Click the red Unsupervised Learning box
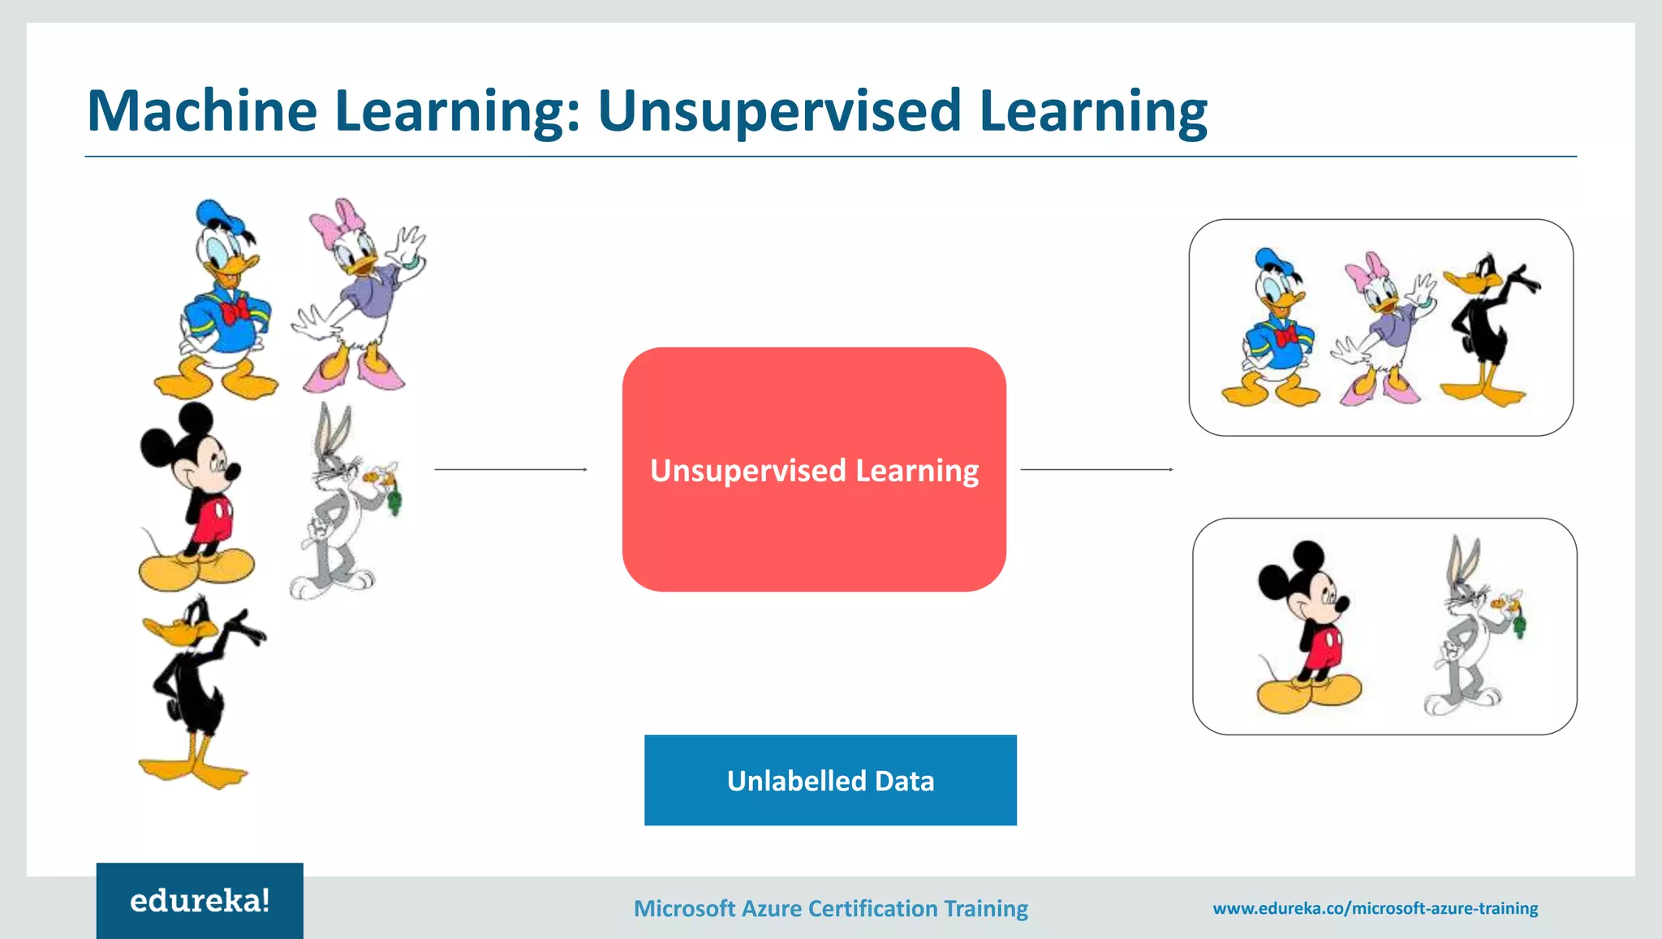pyautogui.click(x=814, y=469)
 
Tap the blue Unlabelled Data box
pyautogui.click(x=830, y=780)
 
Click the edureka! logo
pyautogui.click(x=200, y=900)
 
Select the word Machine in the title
pyautogui.click(x=202, y=111)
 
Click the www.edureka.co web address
pyautogui.click(x=1375, y=908)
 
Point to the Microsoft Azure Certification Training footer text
pyautogui.click(x=830, y=908)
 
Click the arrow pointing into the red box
pyautogui.click(x=510, y=469)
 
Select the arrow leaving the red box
pyautogui.click(x=1096, y=469)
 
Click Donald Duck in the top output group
pyautogui.click(x=1274, y=329)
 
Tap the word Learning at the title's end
pyautogui.click(x=1093, y=111)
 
